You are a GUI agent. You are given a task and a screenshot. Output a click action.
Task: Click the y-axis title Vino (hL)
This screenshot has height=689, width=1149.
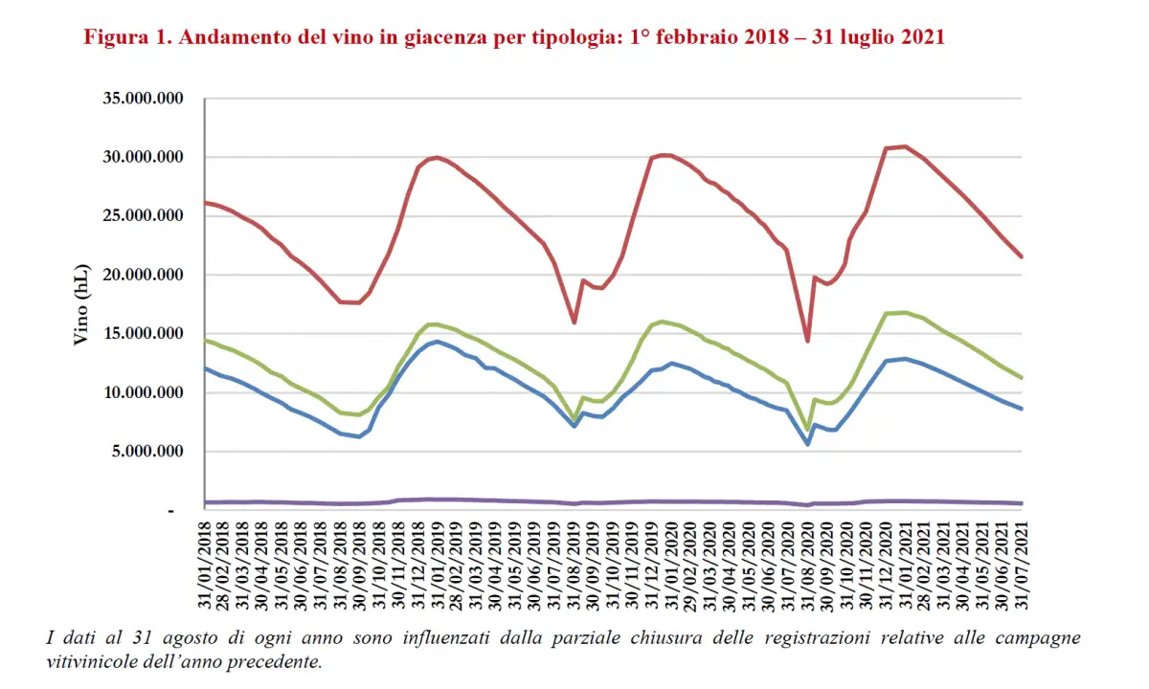coord(81,305)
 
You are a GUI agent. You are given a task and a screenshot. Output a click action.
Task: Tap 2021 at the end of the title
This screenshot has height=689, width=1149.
coord(921,38)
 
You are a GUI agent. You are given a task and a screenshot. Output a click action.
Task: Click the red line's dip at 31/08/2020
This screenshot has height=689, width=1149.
coord(808,341)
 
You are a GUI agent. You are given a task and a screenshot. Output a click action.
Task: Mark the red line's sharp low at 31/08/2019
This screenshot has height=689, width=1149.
coord(574,322)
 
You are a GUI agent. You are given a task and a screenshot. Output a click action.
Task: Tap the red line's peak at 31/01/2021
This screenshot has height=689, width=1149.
coord(906,146)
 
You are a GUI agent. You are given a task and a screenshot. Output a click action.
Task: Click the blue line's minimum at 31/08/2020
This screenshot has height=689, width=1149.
coord(808,444)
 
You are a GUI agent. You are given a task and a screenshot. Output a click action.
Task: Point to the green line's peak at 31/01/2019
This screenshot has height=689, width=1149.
coord(436,323)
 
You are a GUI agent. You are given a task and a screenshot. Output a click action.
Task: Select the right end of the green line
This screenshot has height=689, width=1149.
coord(1023,378)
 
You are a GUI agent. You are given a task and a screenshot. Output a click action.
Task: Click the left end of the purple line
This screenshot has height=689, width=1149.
coord(206,501)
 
